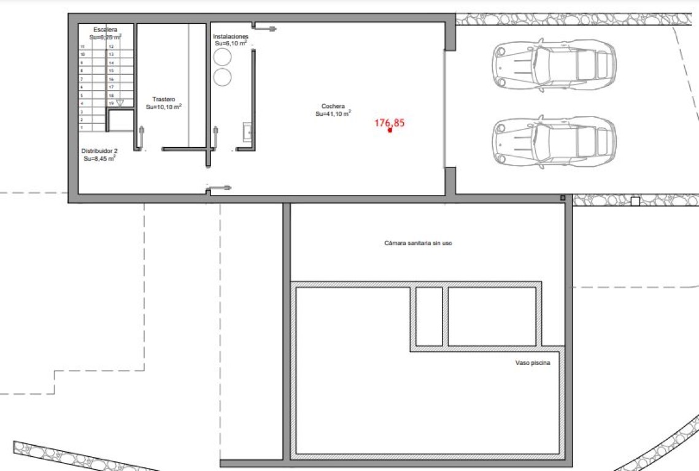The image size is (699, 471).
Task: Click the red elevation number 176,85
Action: coord(390,123)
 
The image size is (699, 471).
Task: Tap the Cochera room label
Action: coord(333,106)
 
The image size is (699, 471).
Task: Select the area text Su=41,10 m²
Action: coord(333,113)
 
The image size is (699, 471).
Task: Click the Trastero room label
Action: coord(164,99)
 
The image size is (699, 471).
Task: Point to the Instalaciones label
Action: coord(231,37)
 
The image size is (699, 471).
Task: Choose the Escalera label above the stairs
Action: coord(105,29)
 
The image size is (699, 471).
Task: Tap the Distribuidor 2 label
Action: coord(99,151)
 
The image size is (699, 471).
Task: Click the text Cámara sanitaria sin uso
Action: coord(418,243)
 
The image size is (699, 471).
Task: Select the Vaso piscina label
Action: coord(533,363)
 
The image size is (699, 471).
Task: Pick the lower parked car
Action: coord(554,142)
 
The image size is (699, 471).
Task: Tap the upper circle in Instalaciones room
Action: coord(222,56)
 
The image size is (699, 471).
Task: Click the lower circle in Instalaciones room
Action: coord(222,77)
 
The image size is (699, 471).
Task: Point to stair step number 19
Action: coord(111,104)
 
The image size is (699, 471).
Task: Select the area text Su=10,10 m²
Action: coord(164,107)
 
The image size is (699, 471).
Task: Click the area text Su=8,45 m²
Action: coord(99,158)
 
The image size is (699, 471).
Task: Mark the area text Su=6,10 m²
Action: coord(231,44)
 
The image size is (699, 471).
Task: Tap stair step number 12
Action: coord(111,47)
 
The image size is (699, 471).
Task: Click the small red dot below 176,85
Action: coord(390,129)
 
